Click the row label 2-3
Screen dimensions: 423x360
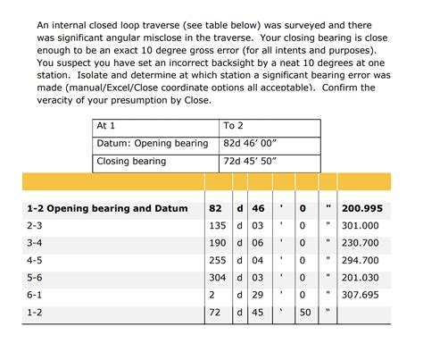pyautogui.click(x=35, y=226)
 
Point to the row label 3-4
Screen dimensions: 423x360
pyautogui.click(x=35, y=243)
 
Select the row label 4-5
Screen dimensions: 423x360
pyautogui.click(x=35, y=260)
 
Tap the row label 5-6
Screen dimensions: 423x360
pyautogui.click(x=35, y=277)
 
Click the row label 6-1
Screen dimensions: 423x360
pyautogui.click(x=35, y=294)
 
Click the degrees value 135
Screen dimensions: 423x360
pyautogui.click(x=217, y=226)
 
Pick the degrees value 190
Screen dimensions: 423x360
pyautogui.click(x=217, y=243)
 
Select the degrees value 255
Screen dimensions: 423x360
pyautogui.click(x=217, y=260)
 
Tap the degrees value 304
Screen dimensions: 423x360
pyautogui.click(x=217, y=277)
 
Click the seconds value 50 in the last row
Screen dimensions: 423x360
pyautogui.click(x=304, y=312)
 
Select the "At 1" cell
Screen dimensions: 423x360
pyautogui.click(x=106, y=126)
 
